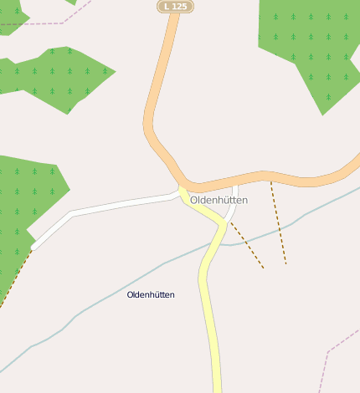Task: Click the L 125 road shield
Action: coord(176,6)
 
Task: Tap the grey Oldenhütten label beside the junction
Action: coord(219,200)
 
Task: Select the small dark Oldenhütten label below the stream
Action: coord(151,294)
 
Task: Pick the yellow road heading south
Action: coord(209,318)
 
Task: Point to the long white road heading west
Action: coord(117,206)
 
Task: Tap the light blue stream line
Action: coord(126,281)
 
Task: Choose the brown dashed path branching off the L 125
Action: coord(278,222)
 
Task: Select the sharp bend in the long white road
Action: coord(72,214)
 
